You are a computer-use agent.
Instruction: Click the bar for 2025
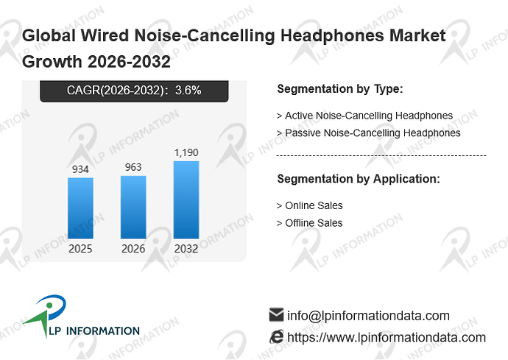[x=80, y=208]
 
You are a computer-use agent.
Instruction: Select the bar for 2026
[x=133, y=207]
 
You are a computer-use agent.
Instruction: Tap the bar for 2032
[x=186, y=200]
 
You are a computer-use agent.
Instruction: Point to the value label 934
[x=80, y=169]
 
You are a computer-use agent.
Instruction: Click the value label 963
[x=133, y=167]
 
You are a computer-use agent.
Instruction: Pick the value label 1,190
[x=186, y=152]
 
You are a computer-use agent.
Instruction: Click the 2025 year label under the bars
[x=80, y=249]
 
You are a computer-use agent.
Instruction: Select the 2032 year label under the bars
[x=186, y=249]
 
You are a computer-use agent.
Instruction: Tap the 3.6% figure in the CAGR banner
[x=188, y=90]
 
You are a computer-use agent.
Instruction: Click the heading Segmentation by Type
[x=340, y=89]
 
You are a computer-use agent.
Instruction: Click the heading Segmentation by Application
[x=359, y=179]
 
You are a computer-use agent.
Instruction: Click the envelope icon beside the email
[x=276, y=314]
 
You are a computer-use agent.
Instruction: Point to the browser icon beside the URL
[x=276, y=336]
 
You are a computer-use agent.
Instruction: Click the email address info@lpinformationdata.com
[x=368, y=316]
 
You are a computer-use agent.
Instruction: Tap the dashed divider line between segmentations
[x=381, y=156]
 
